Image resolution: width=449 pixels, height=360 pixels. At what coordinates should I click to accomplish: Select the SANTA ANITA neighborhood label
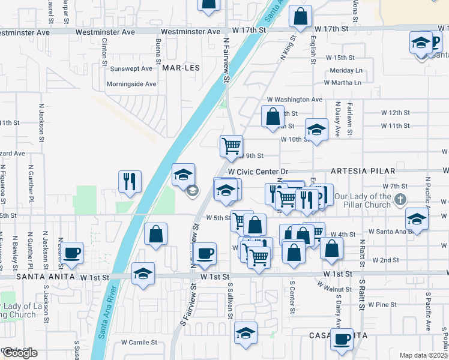(38, 277)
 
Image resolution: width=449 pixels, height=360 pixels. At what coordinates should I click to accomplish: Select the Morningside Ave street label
(131, 84)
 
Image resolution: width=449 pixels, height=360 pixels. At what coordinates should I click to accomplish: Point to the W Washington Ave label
(295, 99)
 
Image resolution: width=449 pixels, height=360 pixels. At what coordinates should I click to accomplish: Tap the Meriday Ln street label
(346, 70)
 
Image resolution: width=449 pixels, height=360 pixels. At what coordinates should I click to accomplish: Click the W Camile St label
(139, 343)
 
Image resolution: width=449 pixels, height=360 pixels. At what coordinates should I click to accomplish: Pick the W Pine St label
(379, 305)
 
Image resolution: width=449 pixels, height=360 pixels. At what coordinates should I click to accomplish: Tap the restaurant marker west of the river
(130, 180)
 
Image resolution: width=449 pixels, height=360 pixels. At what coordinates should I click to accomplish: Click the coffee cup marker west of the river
(71, 253)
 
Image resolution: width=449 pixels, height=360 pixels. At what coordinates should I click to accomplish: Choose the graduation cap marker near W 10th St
(316, 130)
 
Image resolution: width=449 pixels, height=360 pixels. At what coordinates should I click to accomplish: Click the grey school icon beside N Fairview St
(192, 191)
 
